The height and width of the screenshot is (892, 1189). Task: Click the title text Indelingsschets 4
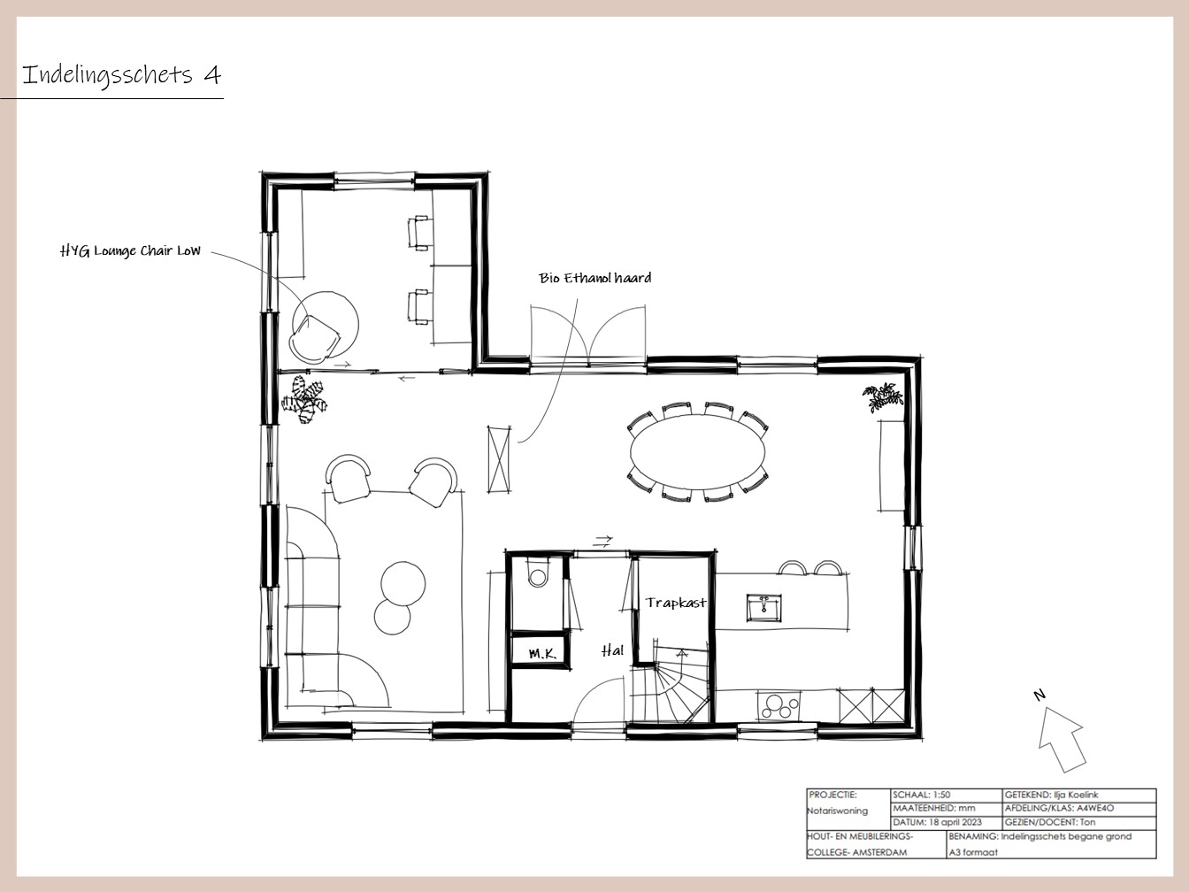coord(121,75)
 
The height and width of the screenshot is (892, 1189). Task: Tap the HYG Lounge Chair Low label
coord(130,250)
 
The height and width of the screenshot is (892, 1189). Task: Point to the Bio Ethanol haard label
coord(594,278)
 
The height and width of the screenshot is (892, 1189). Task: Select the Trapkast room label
coord(676,603)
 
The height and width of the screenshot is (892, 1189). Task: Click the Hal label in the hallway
coord(612,650)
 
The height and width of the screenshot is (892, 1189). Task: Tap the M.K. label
coord(542,654)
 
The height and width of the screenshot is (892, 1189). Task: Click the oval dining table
coord(698,451)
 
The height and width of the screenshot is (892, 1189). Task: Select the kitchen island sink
coord(763,608)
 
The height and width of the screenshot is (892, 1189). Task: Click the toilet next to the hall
coord(537,574)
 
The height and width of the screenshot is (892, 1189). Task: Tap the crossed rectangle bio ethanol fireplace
coord(499,459)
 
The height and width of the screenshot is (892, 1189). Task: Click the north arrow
coord(1062,739)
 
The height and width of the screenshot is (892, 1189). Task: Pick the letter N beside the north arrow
coord(1039,695)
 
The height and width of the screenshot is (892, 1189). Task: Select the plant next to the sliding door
coord(304,399)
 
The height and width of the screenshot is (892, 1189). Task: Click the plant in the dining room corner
coord(883,396)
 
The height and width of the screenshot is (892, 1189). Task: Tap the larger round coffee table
coord(403,584)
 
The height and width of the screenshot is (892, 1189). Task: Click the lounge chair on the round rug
coord(315,339)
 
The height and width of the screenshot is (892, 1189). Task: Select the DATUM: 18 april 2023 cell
coord(937,822)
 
